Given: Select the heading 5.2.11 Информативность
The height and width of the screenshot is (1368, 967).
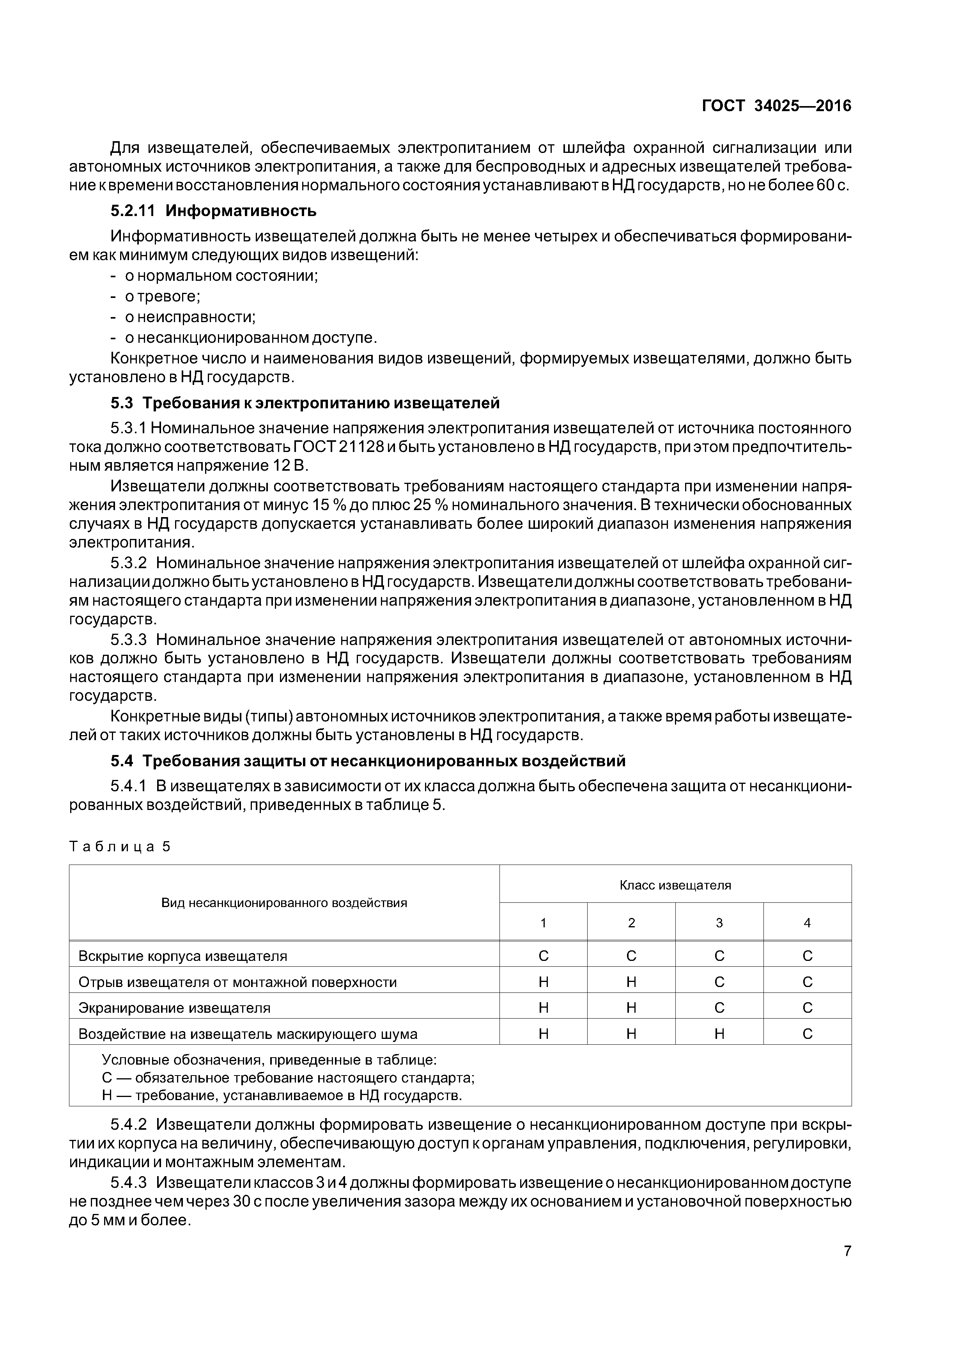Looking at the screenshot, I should point(213,211).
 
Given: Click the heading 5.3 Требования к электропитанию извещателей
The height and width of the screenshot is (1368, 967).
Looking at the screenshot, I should point(305,403).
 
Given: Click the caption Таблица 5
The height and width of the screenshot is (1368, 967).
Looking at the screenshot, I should point(120,847).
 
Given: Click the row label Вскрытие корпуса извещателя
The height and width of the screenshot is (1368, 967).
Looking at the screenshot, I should point(183,956).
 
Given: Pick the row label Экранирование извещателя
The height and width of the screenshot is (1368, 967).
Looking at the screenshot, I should point(175,1008).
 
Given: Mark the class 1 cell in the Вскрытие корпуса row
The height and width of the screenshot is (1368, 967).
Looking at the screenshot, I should point(544,956).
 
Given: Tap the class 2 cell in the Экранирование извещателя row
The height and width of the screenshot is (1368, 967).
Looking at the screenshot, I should point(632,1008).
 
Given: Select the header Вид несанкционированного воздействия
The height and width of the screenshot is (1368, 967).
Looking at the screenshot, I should point(284,903).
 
